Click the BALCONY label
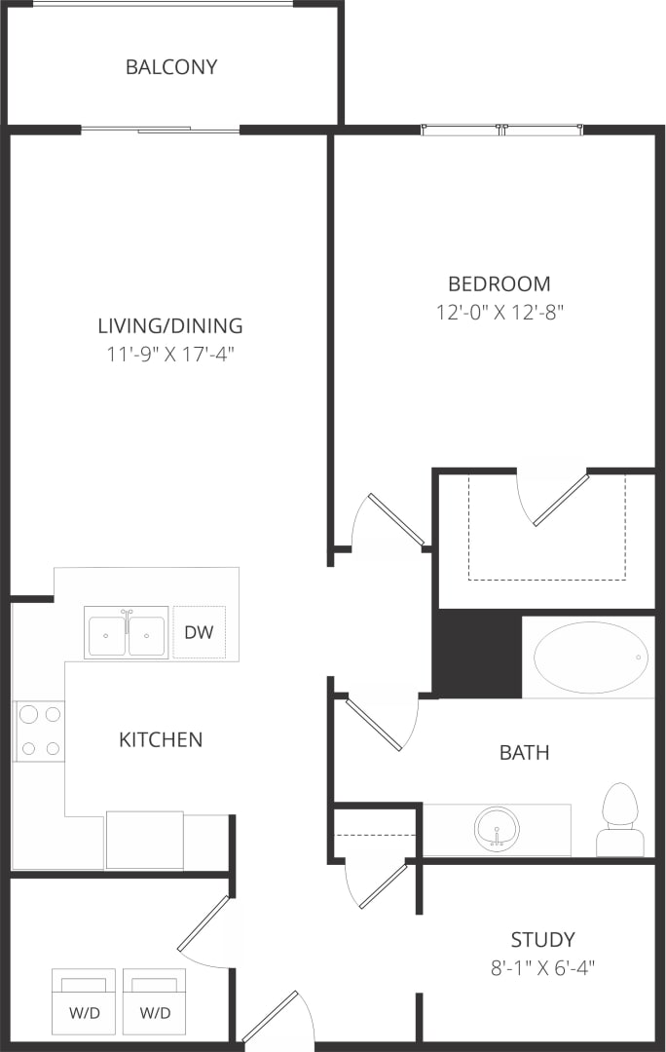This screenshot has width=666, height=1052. [x=171, y=67]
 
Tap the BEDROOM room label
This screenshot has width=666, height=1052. [x=499, y=284]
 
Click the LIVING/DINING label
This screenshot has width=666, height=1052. [x=170, y=326]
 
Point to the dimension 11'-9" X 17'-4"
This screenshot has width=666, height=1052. [x=170, y=354]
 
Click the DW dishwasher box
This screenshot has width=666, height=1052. [x=199, y=632]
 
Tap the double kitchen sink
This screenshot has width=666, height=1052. [x=126, y=634]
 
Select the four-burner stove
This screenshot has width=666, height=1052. [x=39, y=731]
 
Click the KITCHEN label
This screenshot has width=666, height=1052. [x=161, y=740]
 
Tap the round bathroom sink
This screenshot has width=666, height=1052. [x=497, y=829]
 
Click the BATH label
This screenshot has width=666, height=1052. [x=524, y=753]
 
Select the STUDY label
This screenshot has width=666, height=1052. [x=542, y=940]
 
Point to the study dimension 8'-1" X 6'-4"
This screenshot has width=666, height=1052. [x=542, y=968]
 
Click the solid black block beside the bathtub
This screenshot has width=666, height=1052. [x=477, y=655]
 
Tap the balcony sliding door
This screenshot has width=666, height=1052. [x=161, y=130]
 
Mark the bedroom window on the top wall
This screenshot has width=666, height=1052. [x=501, y=129]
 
